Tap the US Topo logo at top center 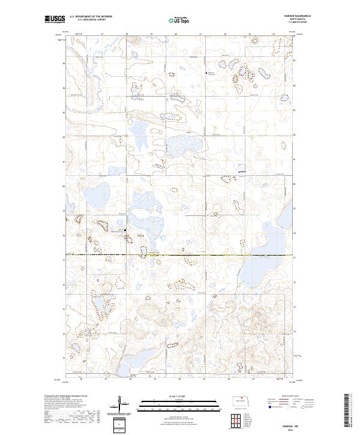point(179,20)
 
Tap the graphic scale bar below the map point(179,403)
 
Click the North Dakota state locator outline point(242,402)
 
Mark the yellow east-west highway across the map point(180,256)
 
